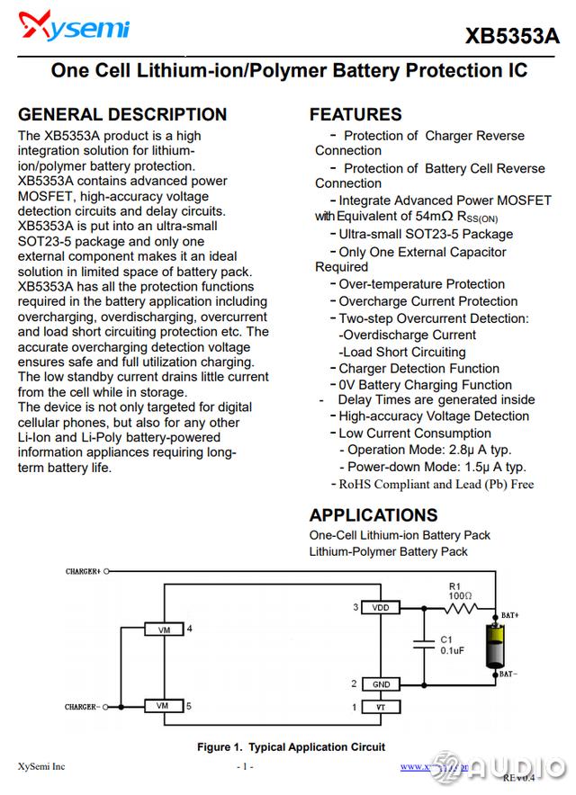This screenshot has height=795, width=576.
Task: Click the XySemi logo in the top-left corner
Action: [74, 30]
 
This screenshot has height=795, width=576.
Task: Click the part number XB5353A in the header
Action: [512, 37]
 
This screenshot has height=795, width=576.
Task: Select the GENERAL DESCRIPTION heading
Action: [122, 114]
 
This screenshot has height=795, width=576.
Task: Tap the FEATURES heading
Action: [355, 114]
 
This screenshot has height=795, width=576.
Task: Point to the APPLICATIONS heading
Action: [373, 515]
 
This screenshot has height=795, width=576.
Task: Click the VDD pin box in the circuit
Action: [381, 608]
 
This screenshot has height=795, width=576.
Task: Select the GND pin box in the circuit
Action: [381, 684]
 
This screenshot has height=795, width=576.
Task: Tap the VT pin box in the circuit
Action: [381, 707]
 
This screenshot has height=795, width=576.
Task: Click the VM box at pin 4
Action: [163, 630]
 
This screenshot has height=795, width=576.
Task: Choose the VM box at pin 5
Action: [163, 706]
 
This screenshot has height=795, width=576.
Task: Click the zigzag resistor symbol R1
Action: [461, 608]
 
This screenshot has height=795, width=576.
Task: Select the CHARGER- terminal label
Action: [83, 707]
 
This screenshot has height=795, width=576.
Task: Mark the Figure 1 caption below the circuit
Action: [291, 747]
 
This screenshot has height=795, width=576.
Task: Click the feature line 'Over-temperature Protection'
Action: [421, 284]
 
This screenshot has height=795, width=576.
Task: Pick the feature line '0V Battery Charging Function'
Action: [425, 385]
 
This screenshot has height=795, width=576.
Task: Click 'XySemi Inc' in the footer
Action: [41, 767]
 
